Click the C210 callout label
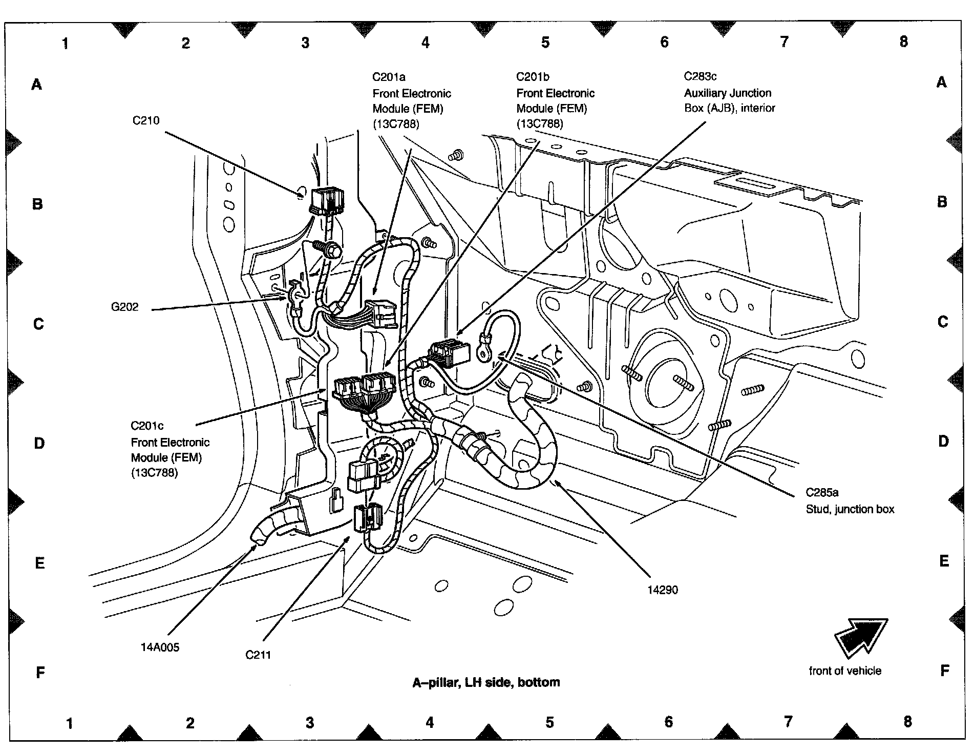(146, 121)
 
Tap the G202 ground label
(125, 307)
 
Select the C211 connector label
(258, 655)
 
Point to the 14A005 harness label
(160, 647)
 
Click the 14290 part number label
(663, 590)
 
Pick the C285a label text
(822, 493)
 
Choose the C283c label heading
(700, 77)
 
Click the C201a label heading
(389, 77)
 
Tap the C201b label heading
(533, 77)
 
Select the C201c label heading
(147, 426)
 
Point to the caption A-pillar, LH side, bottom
(486, 683)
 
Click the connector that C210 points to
(326, 200)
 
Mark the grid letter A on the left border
(37, 84)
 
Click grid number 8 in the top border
(903, 42)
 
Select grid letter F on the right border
(945, 671)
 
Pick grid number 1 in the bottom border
(70, 723)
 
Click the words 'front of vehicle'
(845, 671)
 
